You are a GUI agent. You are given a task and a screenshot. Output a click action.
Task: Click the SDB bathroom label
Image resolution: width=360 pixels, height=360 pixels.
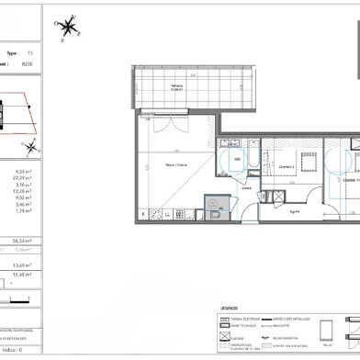coord(237,158)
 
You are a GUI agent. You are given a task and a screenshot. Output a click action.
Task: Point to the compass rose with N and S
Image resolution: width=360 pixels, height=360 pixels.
coord(65,28)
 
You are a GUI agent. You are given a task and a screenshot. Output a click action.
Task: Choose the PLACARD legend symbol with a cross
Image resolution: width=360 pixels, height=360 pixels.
coord(224,337)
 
